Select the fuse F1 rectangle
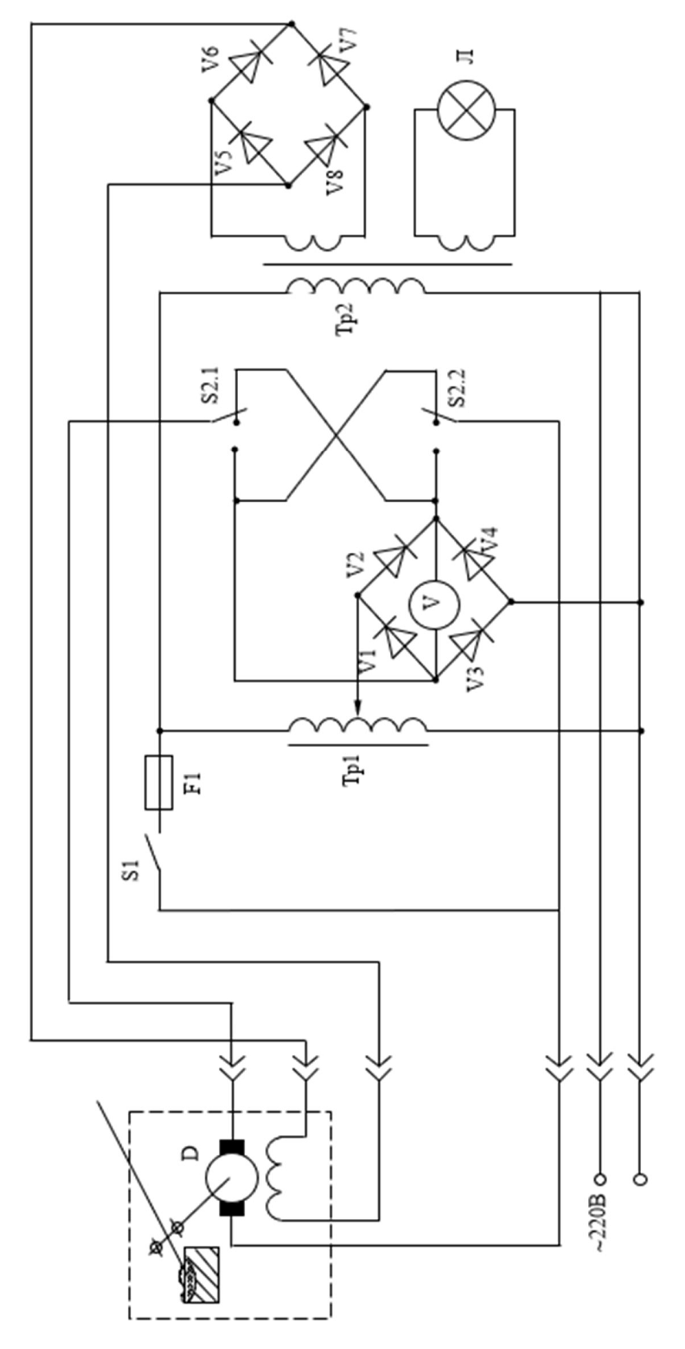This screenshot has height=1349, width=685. [x=159, y=783]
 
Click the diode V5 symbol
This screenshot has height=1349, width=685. [x=250, y=145]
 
